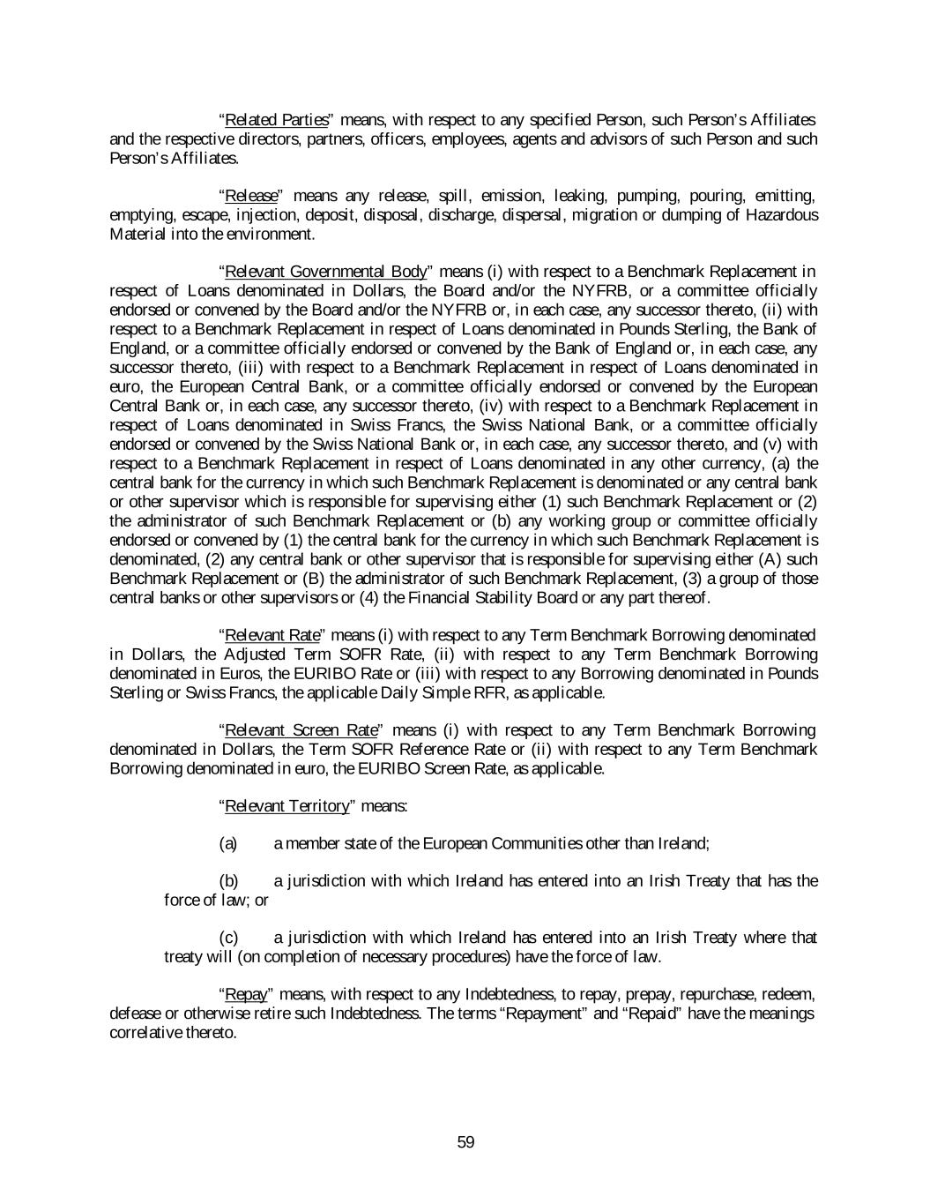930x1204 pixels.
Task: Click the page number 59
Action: pyautogui.click(x=466, y=1142)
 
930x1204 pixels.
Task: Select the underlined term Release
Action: pyautogui.click(x=251, y=196)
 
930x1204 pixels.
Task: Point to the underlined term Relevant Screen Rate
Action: pyautogui.click(x=301, y=730)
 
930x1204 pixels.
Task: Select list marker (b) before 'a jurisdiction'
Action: pyautogui.click(x=228, y=881)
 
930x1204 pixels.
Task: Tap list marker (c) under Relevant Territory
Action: pyautogui.click(x=228, y=938)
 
